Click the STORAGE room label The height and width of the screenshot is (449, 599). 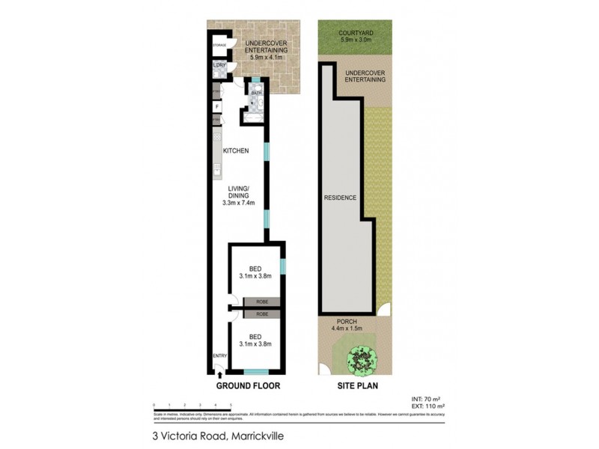pyautogui.click(x=219, y=46)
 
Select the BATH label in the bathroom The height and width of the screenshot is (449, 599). pyautogui.click(x=257, y=94)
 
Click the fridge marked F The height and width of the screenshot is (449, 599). pyautogui.click(x=217, y=106)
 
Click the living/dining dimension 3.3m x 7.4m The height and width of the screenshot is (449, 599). pyautogui.click(x=240, y=203)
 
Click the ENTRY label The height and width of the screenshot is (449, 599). pyautogui.click(x=219, y=355)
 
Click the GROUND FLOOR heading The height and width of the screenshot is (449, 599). pyautogui.click(x=248, y=386)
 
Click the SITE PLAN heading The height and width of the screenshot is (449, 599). pyautogui.click(x=356, y=386)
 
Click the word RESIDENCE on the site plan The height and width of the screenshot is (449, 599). pyautogui.click(x=339, y=198)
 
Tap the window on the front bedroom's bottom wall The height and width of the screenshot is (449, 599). pyautogui.click(x=255, y=372)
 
